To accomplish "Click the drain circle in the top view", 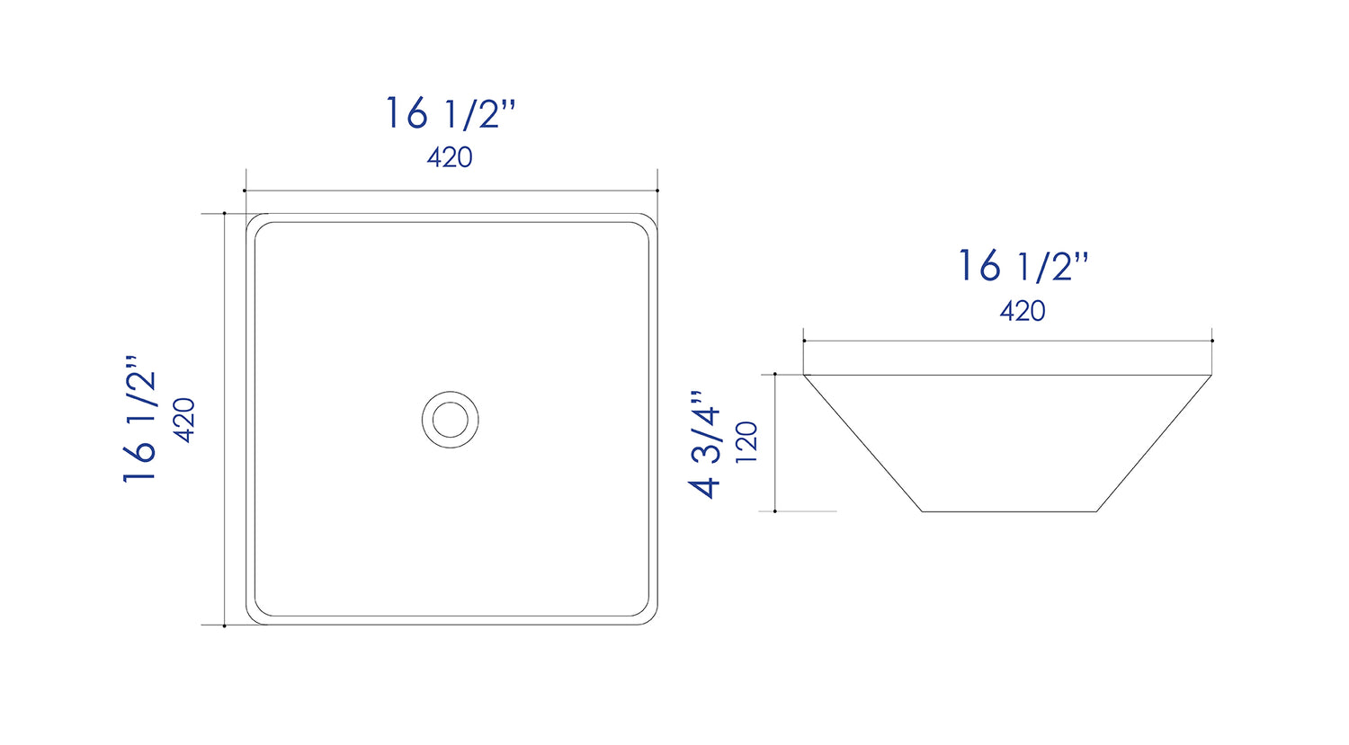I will click(450, 419).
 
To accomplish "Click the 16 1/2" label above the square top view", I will click(450, 114).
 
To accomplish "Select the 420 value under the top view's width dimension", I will click(450, 157).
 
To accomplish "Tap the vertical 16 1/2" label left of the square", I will click(140, 419).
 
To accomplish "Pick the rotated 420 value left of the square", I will click(184, 419).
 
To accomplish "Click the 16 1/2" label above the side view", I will click(1023, 267).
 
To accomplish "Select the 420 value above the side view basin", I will click(1023, 311).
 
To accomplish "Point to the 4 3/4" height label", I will click(706, 444).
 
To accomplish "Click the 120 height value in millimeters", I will click(747, 442).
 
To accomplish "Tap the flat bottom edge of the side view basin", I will click(1009, 511).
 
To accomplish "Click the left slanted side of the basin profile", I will click(862, 443).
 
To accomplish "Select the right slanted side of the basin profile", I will click(1154, 443).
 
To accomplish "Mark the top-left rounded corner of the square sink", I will click(253, 220).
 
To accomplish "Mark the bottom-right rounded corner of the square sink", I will click(650, 617).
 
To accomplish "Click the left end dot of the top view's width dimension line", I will click(245, 191).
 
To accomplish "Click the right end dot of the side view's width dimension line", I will click(1212, 341).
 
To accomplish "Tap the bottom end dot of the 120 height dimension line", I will click(774, 511).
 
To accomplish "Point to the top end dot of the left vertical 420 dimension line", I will click(224, 213).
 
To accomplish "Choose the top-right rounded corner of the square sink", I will click(650, 220).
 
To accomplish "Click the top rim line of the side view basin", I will click(1007, 375).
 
